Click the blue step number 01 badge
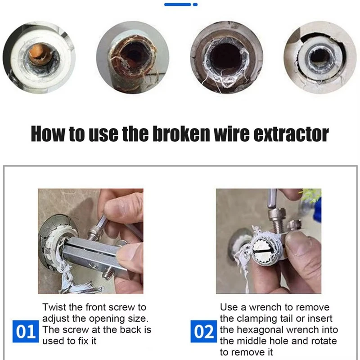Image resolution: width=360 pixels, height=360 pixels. pos(25,331)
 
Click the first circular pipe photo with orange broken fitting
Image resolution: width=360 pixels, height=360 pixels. pos(39,57)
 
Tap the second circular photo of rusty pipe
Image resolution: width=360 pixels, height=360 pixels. pos(132,57)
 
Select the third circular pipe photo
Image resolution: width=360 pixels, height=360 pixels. pos(226,57)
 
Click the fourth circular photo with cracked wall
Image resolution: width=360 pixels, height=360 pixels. pos(320,57)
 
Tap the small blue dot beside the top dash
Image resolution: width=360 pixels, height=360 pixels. pos(194,4)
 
